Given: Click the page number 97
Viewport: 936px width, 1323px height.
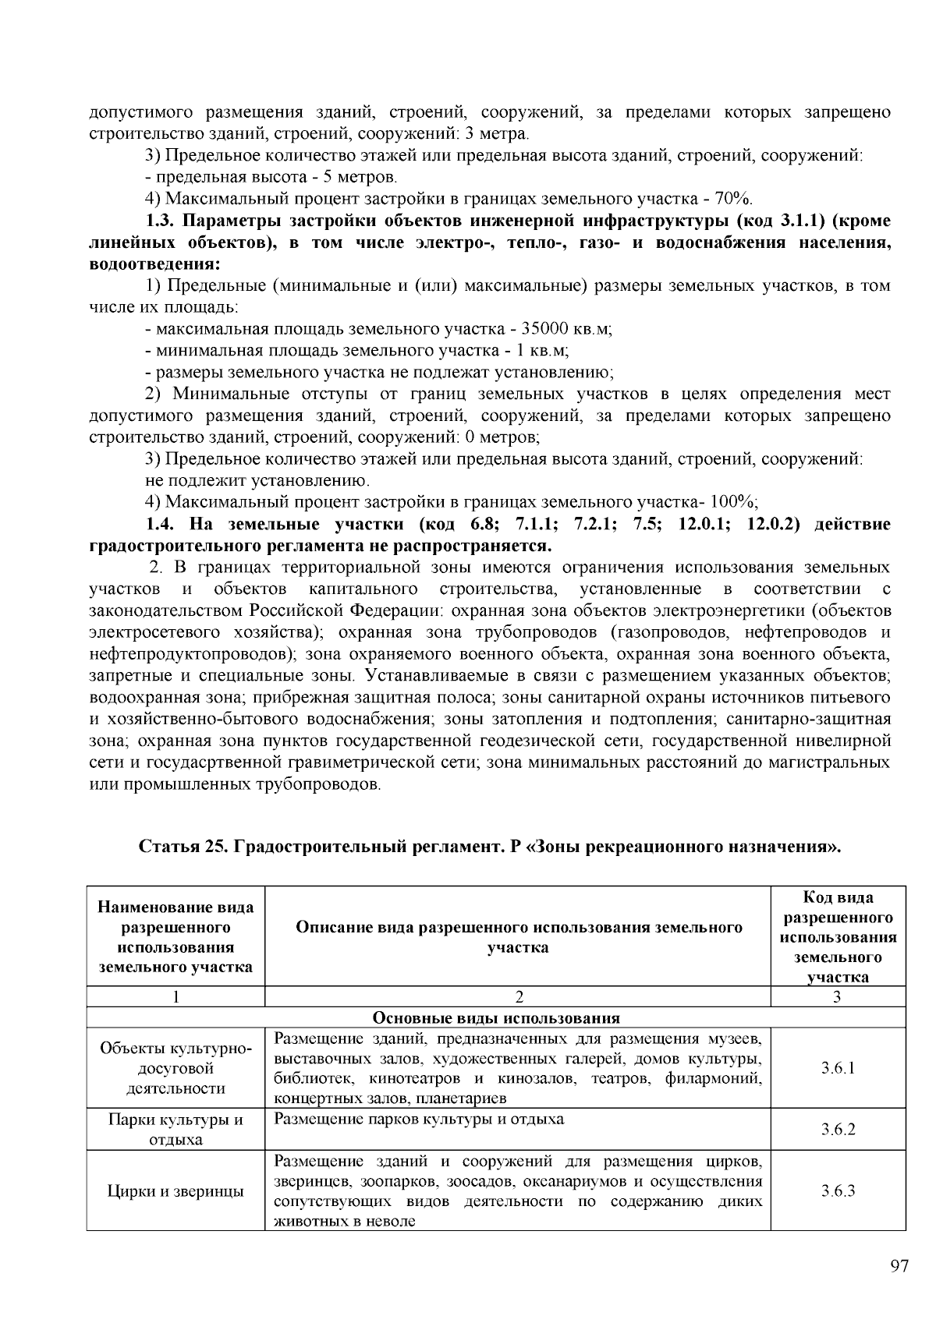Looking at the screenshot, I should (899, 1266).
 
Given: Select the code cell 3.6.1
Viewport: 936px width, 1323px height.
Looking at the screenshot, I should (838, 1068).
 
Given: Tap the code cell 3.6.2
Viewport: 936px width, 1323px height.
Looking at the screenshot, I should (838, 1129).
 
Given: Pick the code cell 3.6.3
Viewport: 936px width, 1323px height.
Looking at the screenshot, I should (838, 1190).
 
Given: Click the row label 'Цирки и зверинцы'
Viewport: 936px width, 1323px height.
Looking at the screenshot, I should (175, 1191).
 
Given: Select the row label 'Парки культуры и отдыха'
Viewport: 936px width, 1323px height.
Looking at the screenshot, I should (175, 1130).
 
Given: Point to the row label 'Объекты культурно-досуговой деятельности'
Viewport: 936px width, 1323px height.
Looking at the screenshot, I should (175, 1068).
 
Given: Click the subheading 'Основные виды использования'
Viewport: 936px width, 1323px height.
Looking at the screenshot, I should (496, 1018).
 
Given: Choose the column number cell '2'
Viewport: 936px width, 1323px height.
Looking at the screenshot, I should (519, 997).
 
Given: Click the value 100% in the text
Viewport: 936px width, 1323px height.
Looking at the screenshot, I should (737, 501).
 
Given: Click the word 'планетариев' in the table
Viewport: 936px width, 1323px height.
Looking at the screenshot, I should (467, 1099).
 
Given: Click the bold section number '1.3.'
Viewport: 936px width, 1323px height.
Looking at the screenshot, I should (162, 221).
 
